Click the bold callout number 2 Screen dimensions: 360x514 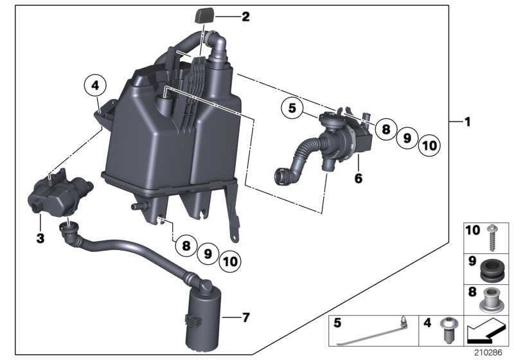click(244, 17)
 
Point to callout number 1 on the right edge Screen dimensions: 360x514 click(468, 121)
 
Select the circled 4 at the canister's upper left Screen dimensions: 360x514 click(94, 85)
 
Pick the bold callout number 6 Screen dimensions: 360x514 click(358, 177)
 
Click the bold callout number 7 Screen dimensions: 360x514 click(244, 317)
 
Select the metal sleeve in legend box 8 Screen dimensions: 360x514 click(492, 299)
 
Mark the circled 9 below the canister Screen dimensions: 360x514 click(207, 253)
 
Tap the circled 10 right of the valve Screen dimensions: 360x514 click(430, 146)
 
